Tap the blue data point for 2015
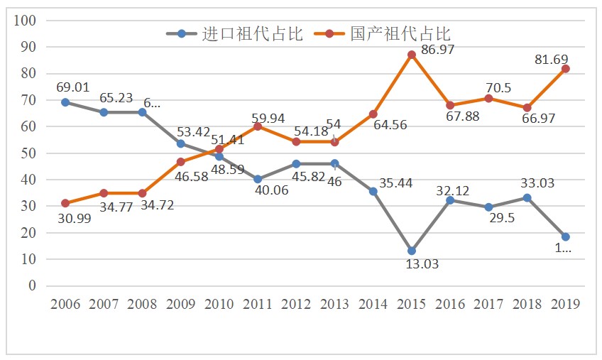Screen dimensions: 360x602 (412, 251)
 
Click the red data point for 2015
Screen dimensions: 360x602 (412, 55)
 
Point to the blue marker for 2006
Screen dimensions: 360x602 (65, 102)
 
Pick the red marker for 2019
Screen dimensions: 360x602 (566, 69)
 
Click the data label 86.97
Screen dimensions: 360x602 (437, 50)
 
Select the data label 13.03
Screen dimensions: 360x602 (422, 264)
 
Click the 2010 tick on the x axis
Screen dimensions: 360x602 (219, 304)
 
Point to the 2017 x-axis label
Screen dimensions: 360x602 (488, 304)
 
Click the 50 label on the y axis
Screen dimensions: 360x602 (28, 153)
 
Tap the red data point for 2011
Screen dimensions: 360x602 (258, 126)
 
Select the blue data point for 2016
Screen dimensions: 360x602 (450, 200)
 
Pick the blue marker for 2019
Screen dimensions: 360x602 (566, 236)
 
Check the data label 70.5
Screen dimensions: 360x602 (498, 87)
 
